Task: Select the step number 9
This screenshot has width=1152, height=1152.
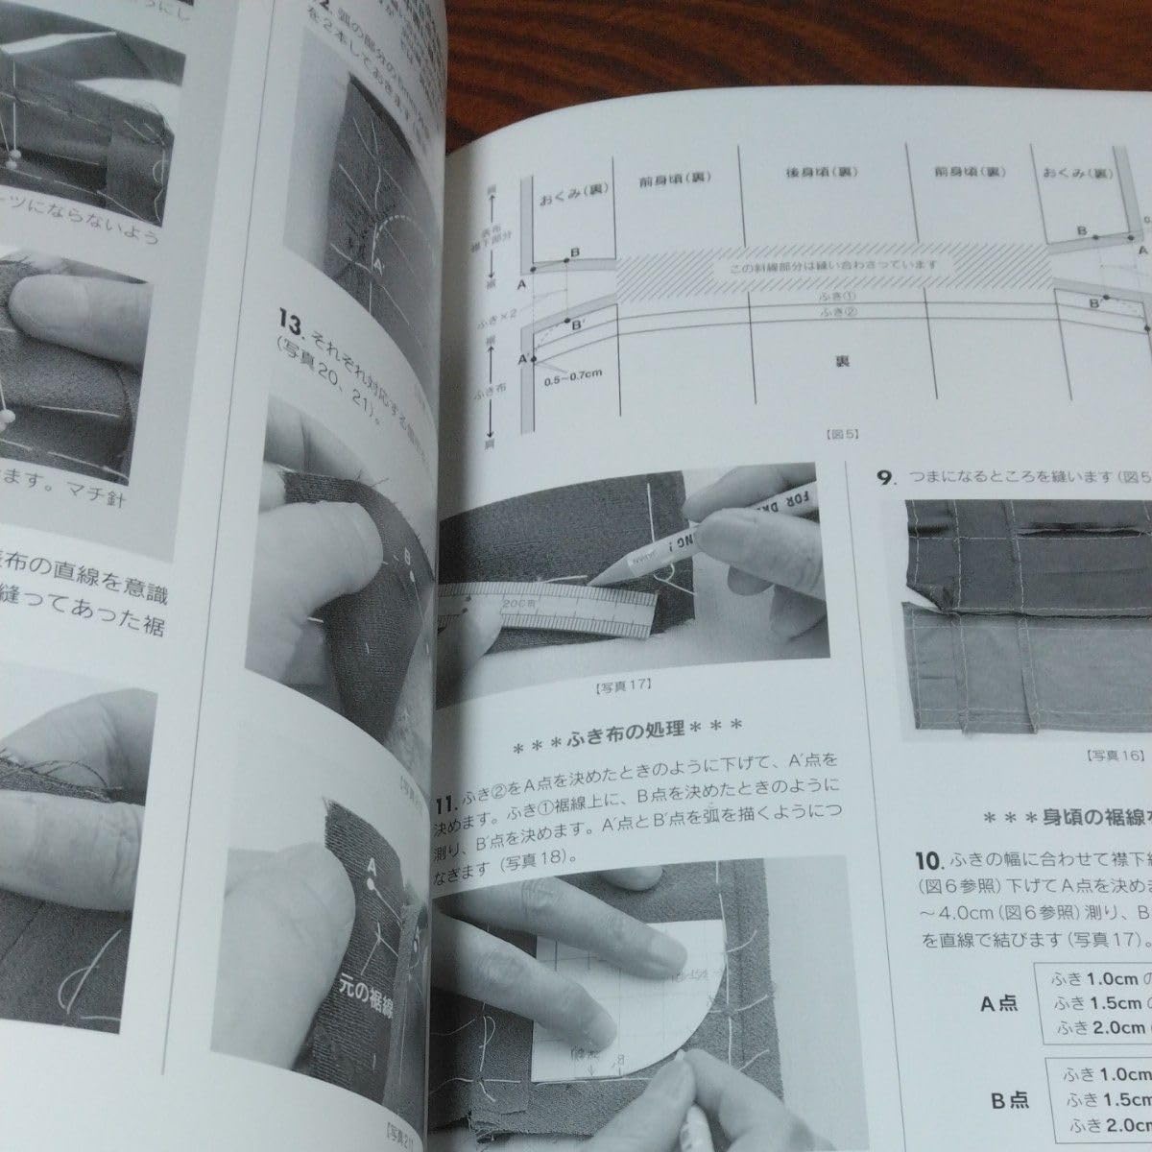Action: [884, 475]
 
